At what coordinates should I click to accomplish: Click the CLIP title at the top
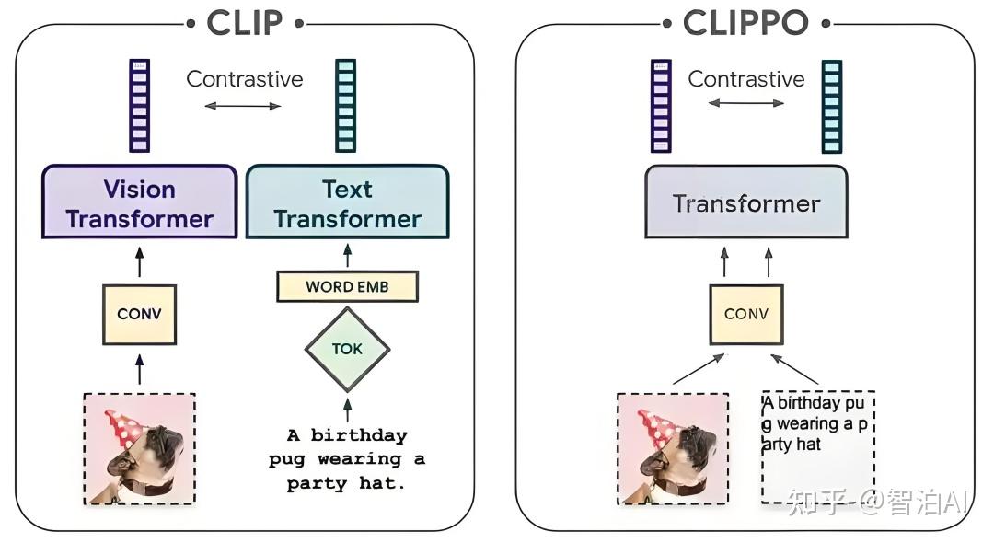point(244,23)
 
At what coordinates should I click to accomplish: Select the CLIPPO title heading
point(745,23)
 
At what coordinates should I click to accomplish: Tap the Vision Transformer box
point(139,203)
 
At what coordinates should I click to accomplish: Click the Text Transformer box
point(347,203)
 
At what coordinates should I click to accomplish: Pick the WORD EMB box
point(347,286)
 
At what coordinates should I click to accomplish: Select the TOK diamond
point(347,349)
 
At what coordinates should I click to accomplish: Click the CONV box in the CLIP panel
point(139,314)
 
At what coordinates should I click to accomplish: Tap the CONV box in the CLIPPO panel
point(745,314)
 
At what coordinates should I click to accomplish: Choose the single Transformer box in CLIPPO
point(745,202)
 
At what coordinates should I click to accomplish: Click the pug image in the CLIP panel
point(139,448)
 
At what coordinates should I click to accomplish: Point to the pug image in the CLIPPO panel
point(673,448)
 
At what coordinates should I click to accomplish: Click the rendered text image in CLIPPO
point(817,447)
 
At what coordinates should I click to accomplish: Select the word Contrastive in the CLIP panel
point(244,79)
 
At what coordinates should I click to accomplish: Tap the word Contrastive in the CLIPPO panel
point(745,79)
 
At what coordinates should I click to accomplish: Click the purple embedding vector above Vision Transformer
point(139,105)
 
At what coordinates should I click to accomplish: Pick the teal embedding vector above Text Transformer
point(346,105)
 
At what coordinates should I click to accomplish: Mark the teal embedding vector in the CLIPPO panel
point(831,106)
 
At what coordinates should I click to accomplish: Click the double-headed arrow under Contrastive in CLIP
point(243,107)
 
